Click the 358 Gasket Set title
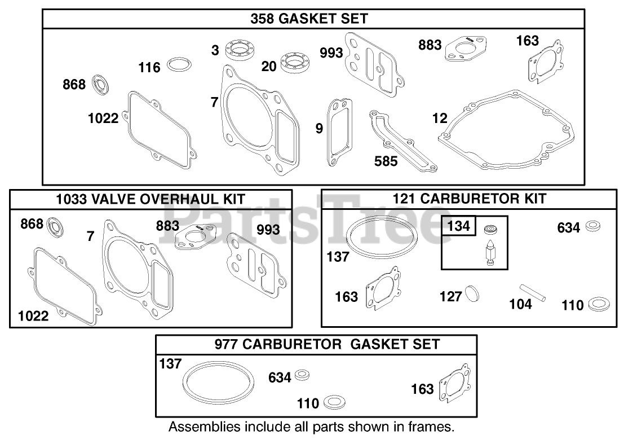coord(309,18)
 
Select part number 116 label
coord(149,67)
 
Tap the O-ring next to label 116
coord(179,64)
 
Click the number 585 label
coord(386,161)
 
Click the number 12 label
coord(440,118)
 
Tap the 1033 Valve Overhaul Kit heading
coord(151,199)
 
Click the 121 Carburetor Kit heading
coord(469,199)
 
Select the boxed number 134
coord(458,226)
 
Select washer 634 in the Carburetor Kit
coord(592,226)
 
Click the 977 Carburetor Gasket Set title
coord(327,344)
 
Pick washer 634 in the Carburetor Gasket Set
coord(303,375)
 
